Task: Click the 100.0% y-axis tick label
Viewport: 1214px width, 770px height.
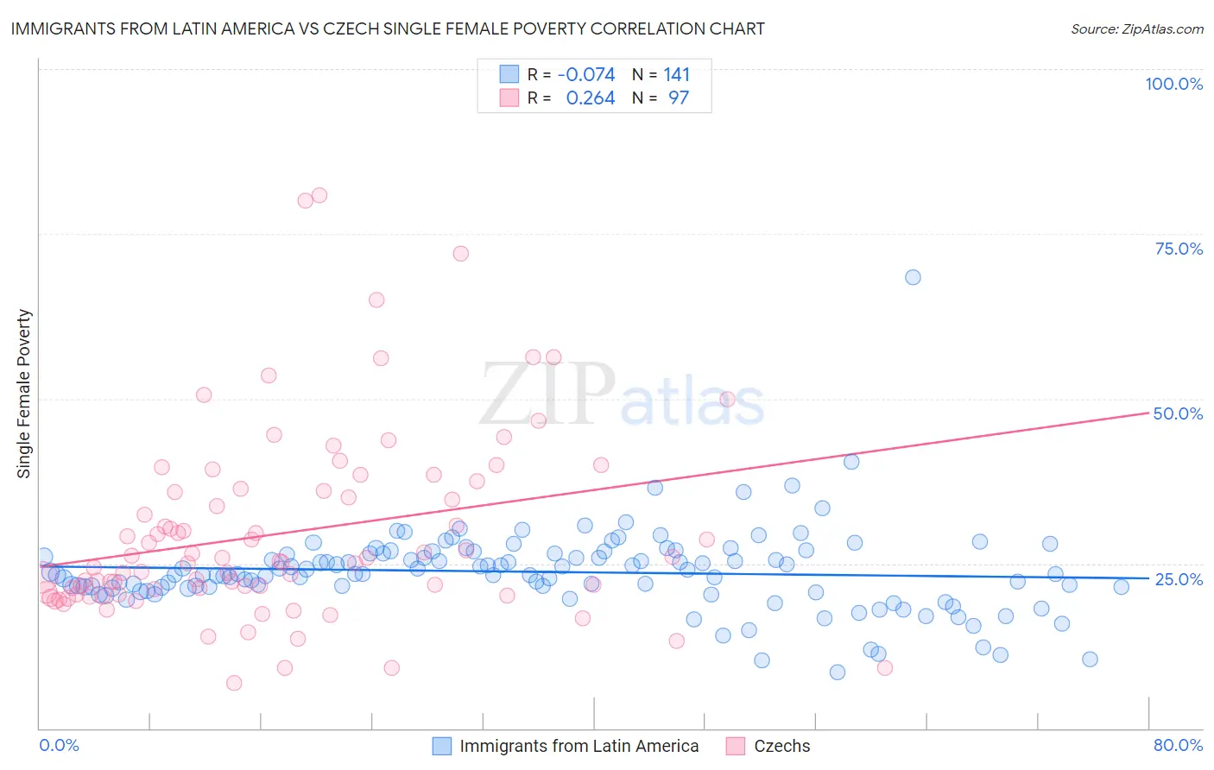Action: [x=1173, y=84]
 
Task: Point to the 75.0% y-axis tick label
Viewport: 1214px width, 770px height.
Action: [x=1179, y=249]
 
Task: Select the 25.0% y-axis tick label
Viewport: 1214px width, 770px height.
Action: [x=1179, y=578]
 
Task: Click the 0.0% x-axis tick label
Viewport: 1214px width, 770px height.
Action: [x=59, y=745]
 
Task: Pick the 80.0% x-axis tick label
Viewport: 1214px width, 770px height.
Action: [x=1178, y=745]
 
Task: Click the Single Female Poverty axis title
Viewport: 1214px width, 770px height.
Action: [x=24, y=394]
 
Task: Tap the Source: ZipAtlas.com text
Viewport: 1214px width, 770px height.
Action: [x=1136, y=28]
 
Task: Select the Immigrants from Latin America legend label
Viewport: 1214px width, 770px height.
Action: [x=579, y=746]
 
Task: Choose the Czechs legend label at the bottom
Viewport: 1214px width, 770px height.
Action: [x=781, y=746]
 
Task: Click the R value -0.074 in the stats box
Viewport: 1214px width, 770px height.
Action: [x=586, y=74]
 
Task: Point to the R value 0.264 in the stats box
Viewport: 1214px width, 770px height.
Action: [x=591, y=98]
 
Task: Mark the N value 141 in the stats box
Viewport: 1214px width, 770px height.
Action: [x=677, y=74]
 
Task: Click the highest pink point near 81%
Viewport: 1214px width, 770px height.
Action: [x=319, y=195]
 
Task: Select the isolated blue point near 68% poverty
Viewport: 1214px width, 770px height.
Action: [x=913, y=277]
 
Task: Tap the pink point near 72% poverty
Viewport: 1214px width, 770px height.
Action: [x=460, y=254]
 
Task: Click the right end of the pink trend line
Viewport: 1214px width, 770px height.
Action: [x=1148, y=413]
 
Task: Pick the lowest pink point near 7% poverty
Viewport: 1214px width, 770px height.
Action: [x=234, y=683]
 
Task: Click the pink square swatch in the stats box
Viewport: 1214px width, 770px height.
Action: [x=509, y=98]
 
